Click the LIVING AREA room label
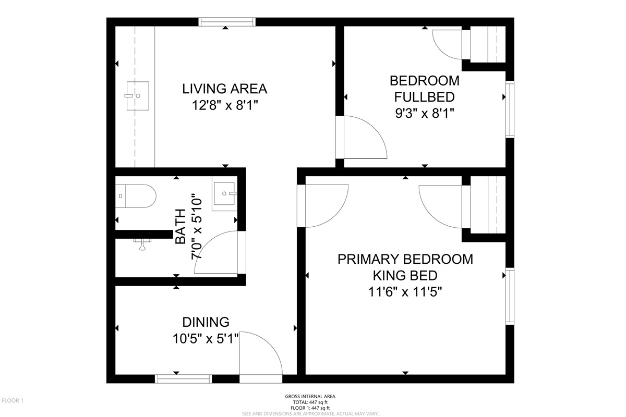225,89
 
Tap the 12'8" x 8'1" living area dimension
225,106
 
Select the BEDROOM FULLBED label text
425,89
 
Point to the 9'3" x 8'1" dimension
425,114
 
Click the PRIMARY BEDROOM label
405,259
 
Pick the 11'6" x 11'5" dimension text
405,292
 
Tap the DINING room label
206,322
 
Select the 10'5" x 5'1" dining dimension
206,339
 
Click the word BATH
180,227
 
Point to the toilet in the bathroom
136,196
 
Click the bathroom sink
225,193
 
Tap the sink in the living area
138,96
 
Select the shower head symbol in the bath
142,244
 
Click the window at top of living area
227,22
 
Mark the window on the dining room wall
183,379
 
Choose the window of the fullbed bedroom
510,109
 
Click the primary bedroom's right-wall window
510,296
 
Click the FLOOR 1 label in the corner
13,400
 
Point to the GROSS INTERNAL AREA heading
310,396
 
